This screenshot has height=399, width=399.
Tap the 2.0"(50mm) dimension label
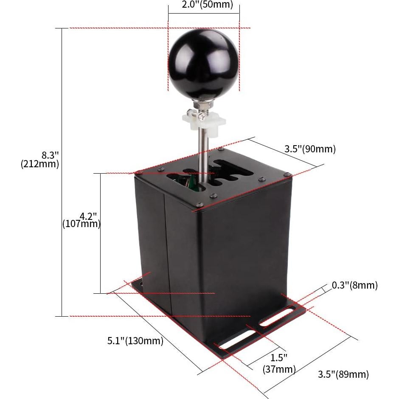click(208, 4)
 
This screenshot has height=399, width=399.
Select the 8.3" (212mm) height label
click(40, 159)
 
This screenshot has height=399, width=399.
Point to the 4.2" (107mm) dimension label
click(81, 220)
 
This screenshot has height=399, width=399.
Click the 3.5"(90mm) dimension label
click(310, 149)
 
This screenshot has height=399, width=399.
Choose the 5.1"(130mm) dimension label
click(135, 340)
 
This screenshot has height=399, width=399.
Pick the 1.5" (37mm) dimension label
click(279, 363)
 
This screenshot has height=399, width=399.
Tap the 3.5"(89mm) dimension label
click(343, 374)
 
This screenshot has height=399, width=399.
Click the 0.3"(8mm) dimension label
click(355, 285)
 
